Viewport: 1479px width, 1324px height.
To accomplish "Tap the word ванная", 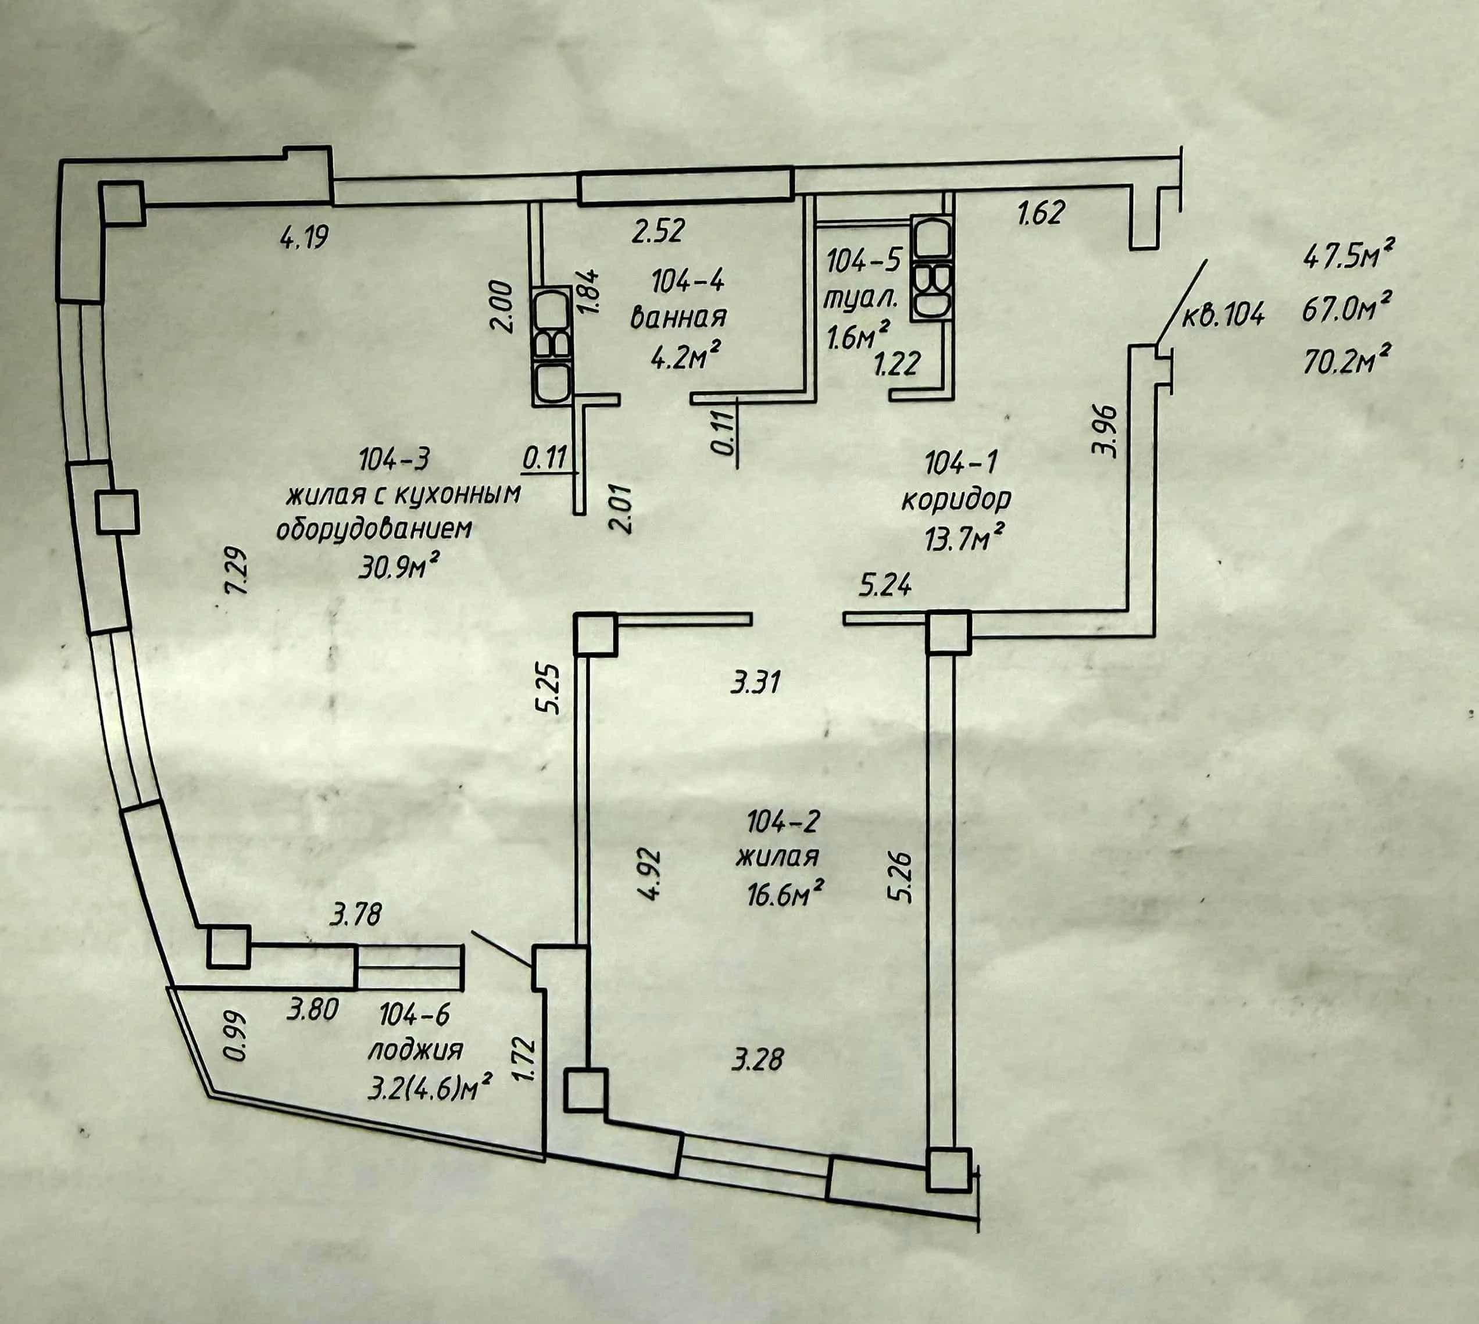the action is tap(679, 317).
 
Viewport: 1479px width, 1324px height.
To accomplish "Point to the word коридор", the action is tap(956, 499).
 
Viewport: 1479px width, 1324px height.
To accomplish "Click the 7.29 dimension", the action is tap(238, 572).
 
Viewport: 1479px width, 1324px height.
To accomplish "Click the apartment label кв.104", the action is tap(1224, 315).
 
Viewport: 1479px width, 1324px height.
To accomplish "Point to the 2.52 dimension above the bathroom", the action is tap(658, 231).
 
